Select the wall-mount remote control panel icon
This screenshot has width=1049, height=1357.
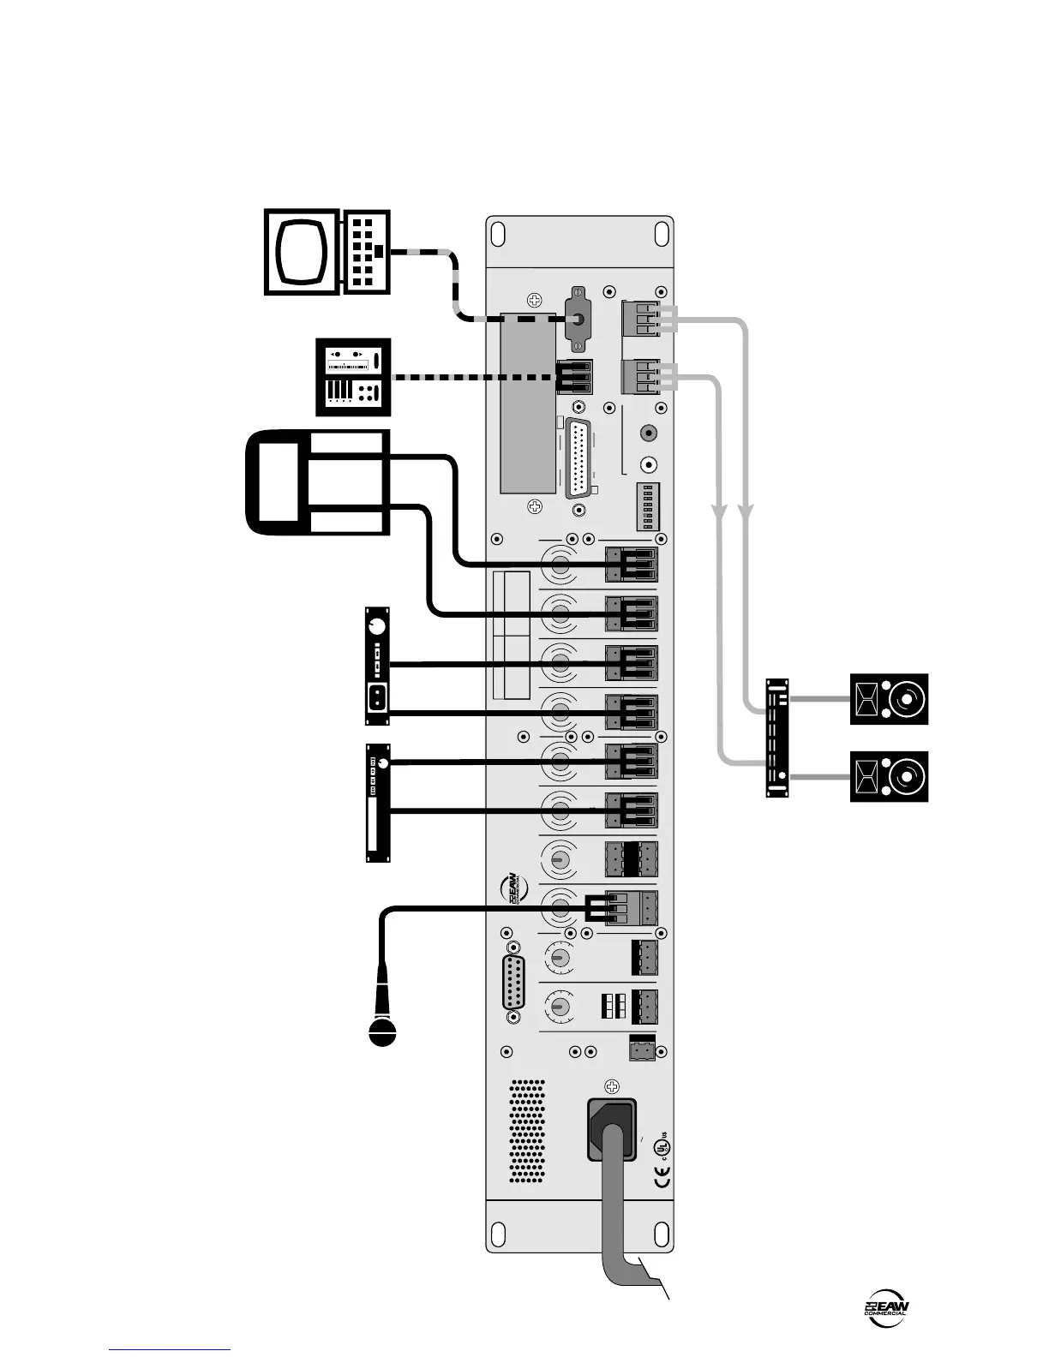pos(353,378)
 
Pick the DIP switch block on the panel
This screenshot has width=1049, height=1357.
pos(648,506)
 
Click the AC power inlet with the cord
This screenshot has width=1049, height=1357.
pos(612,1129)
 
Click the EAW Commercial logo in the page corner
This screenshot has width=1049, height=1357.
pos(886,1309)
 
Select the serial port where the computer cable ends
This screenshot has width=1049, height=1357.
pos(579,319)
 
